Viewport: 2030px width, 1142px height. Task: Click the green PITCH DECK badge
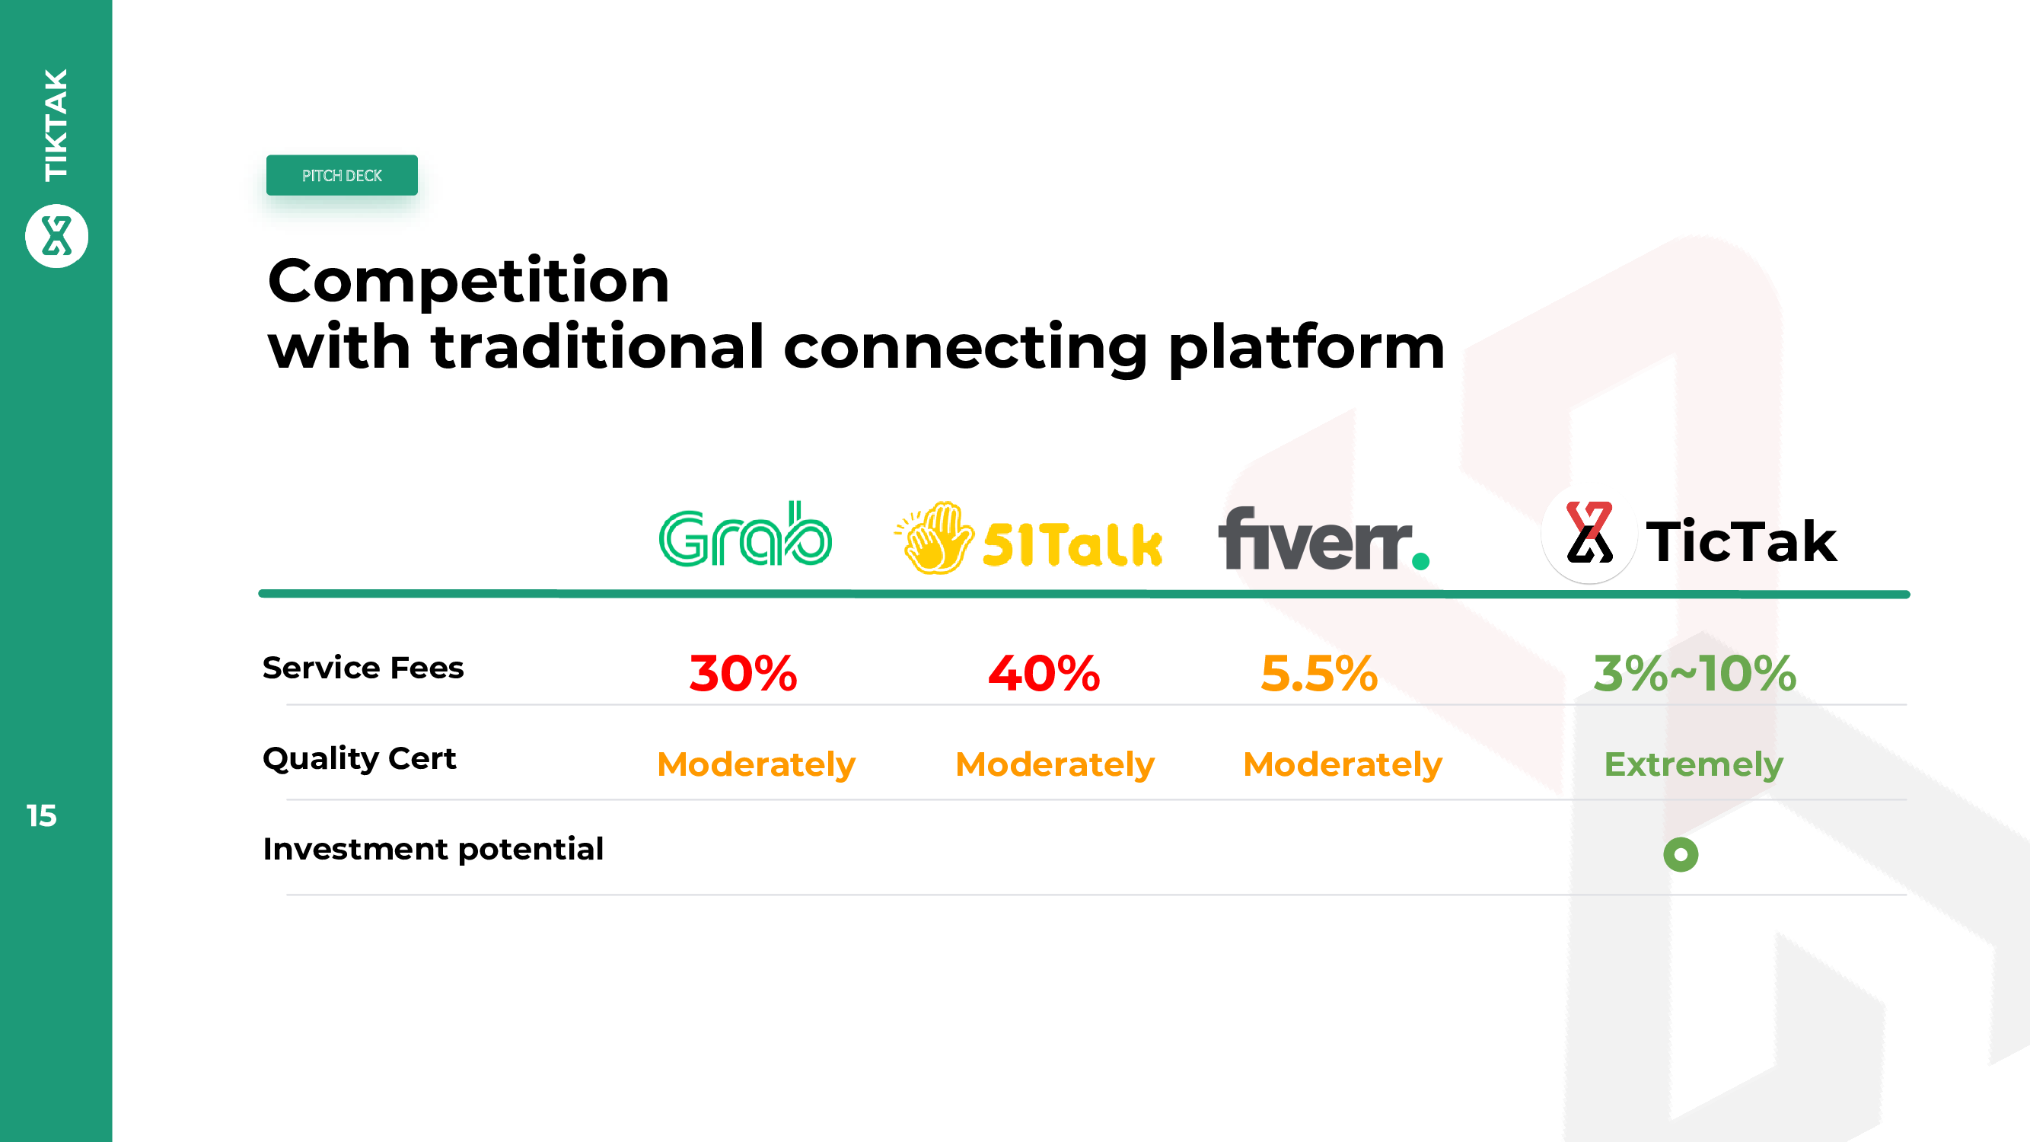(342, 175)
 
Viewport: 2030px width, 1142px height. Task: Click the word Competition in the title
(469, 281)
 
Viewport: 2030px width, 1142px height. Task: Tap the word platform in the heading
(1307, 349)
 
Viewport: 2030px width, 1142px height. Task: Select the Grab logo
(744, 534)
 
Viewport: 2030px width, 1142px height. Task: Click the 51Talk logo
(1028, 538)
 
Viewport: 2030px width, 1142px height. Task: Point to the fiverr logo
(1324, 538)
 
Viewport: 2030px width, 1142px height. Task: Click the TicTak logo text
(1742, 541)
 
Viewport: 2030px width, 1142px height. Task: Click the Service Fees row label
(363, 668)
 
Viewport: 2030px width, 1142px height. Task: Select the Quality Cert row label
(359, 759)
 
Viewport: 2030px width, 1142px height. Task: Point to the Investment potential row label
(433, 850)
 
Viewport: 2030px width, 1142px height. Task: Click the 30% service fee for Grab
(743, 674)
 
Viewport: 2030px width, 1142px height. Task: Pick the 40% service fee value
(1044, 674)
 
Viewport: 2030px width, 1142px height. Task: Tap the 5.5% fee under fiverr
(1319, 674)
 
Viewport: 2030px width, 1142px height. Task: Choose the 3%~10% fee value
(1695, 674)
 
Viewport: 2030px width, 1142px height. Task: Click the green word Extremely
(1694, 764)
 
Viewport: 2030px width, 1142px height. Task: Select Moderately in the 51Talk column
(1055, 764)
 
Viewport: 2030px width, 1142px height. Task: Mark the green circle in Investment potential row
(1681, 854)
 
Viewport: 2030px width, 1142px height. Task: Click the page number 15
(42, 815)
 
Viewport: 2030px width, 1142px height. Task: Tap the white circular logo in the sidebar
(57, 236)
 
